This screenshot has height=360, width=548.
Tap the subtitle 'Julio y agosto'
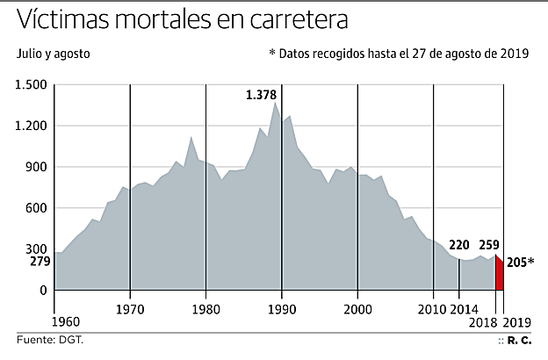click(54, 54)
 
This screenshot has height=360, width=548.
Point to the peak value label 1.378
click(262, 95)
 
